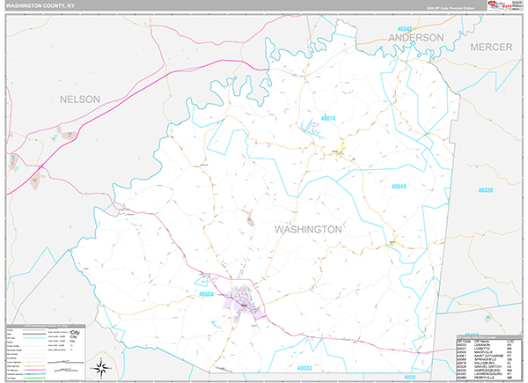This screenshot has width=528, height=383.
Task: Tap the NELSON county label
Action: tap(80, 99)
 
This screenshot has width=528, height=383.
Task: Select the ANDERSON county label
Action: tap(418, 38)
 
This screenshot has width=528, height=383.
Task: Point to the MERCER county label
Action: tap(491, 46)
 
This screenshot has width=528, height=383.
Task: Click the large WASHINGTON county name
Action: tap(308, 229)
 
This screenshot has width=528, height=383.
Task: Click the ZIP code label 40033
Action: tap(305, 367)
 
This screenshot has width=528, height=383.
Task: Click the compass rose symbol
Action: tap(103, 366)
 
